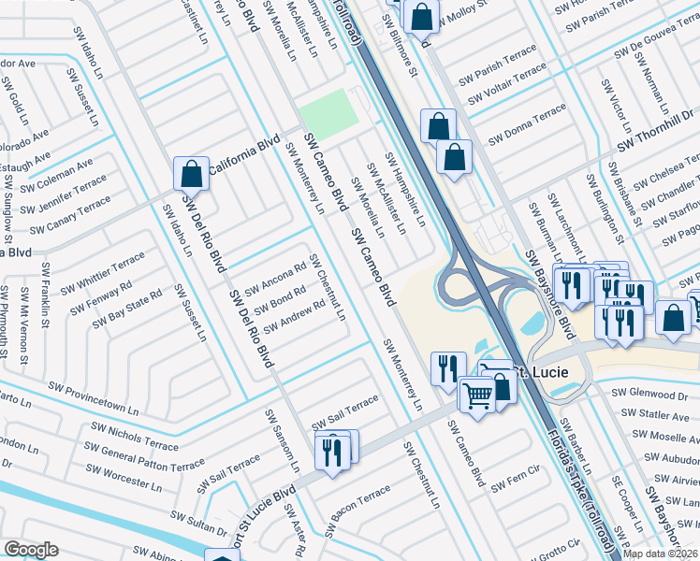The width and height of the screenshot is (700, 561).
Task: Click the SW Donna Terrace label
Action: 527,121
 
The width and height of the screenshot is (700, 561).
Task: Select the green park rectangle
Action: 328,112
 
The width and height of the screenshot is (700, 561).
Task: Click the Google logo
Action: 32,550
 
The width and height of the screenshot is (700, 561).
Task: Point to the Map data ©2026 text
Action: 660,554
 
